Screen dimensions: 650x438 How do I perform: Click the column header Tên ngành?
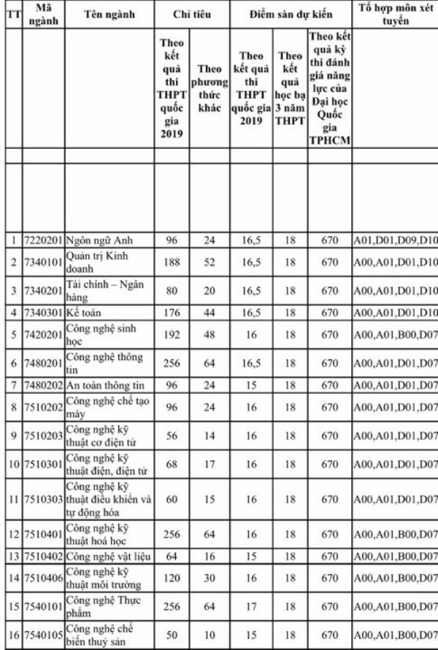(109, 15)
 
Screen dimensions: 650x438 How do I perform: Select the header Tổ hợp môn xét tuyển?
(395, 15)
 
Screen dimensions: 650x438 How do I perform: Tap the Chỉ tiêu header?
(191, 15)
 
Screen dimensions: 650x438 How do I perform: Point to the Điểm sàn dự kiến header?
(291, 15)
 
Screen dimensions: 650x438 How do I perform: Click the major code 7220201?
(43, 240)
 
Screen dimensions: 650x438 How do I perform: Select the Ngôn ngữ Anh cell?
(99, 240)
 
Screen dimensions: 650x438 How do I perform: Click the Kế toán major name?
(87, 312)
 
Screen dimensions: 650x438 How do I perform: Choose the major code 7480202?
(43, 384)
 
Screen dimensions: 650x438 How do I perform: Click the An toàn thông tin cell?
(105, 384)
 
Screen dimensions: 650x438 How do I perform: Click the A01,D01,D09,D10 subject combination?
(395, 240)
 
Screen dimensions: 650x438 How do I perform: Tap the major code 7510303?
(43, 500)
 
